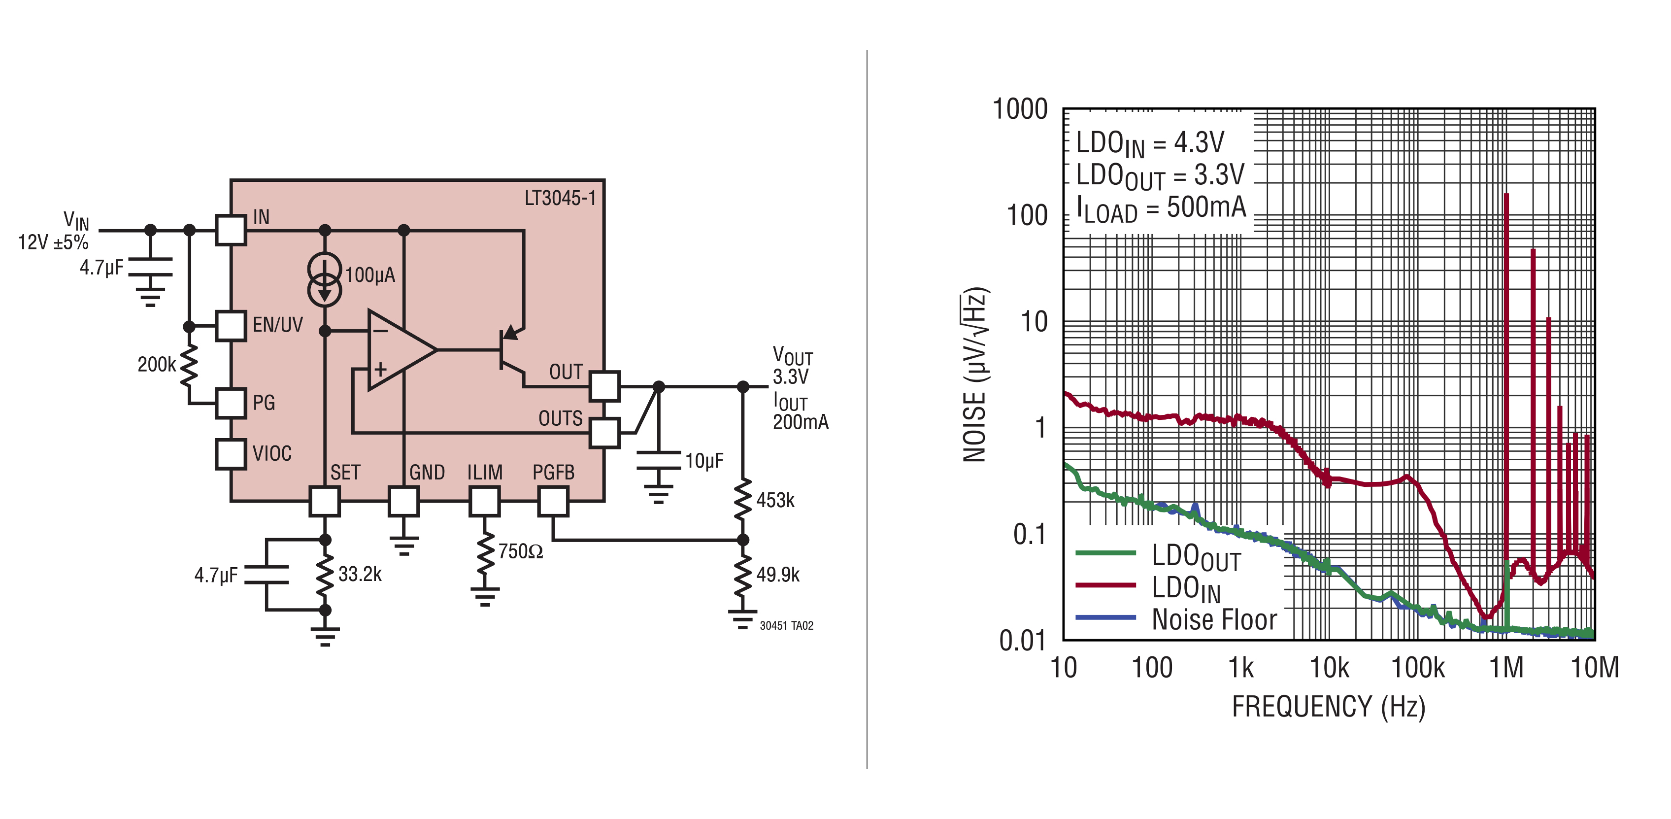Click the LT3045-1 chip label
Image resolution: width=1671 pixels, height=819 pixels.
click(x=560, y=198)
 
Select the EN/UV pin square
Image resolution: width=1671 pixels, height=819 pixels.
click(x=230, y=326)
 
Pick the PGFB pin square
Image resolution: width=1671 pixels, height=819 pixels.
click(x=553, y=501)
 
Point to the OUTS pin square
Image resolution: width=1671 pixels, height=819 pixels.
click(x=604, y=432)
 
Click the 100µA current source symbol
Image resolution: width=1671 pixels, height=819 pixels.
click(x=324, y=279)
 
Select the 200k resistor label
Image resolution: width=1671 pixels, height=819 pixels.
click(x=156, y=364)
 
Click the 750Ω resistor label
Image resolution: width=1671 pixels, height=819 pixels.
click(x=520, y=551)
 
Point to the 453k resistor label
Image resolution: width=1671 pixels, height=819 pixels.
click(x=775, y=500)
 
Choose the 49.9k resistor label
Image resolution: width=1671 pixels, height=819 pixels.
click(x=778, y=575)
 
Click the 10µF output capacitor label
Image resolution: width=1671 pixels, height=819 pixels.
click(x=704, y=461)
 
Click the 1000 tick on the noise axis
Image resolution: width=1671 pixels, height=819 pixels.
click(x=1020, y=109)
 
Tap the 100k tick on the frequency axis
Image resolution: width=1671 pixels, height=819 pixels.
click(x=1418, y=667)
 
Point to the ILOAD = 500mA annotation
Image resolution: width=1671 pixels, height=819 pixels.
click(x=1161, y=207)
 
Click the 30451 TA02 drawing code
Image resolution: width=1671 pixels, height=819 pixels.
click(x=786, y=626)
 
